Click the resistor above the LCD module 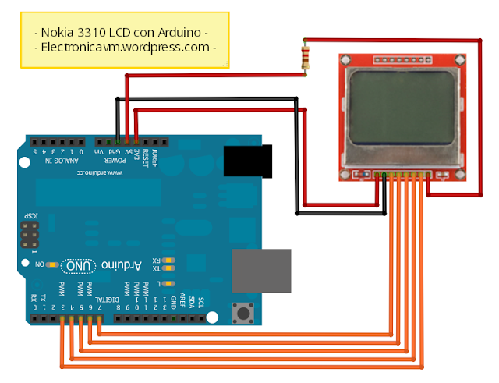coord(305,58)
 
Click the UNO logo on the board coord(80,266)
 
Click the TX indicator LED coord(170,269)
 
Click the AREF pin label coord(182,300)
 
